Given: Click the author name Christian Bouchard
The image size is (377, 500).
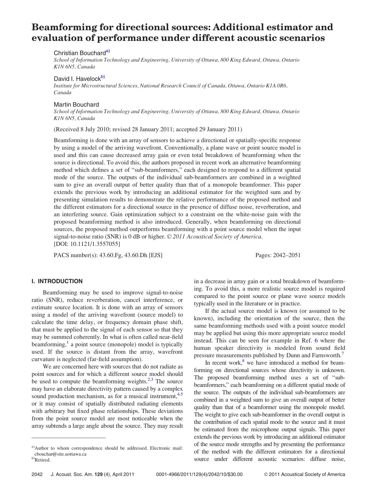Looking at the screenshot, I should point(80,53).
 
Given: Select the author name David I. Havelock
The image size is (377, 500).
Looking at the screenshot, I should point(77,79).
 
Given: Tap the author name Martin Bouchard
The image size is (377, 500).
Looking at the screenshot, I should point(76,105).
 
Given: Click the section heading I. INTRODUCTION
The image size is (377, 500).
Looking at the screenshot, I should point(57,281).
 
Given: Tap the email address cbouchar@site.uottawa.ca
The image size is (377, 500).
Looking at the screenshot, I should point(60,454).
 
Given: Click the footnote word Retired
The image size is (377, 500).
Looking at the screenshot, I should point(43,460).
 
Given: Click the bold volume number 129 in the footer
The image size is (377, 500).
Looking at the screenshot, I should point(98,474).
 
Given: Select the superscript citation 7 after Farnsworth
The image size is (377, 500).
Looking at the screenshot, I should point(343,353).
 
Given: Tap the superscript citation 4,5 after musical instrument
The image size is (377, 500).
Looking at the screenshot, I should point(180,394).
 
